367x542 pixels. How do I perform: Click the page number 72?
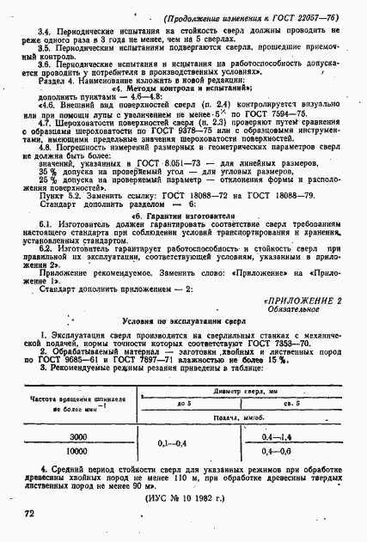pyautogui.click(x=16, y=513)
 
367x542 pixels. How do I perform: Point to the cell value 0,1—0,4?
pyautogui.click(x=174, y=444)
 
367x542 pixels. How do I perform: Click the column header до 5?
pyautogui.click(x=183, y=402)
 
